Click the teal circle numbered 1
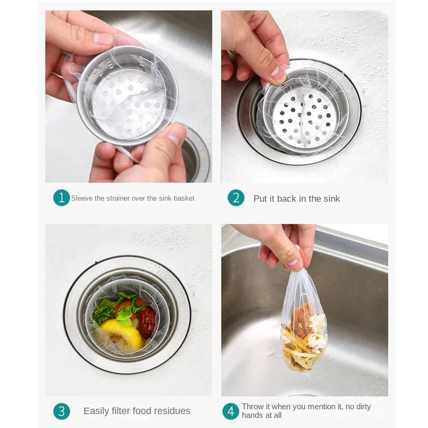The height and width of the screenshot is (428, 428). [62, 198]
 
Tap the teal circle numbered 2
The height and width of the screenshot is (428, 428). [236, 198]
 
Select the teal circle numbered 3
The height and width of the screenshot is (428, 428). [62, 411]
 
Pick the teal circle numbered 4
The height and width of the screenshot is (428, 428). [231, 411]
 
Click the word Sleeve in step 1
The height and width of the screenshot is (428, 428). [82, 198]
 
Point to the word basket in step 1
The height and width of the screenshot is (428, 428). [183, 198]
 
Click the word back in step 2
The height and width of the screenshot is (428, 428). [287, 198]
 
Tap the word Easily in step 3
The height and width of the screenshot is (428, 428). [96, 411]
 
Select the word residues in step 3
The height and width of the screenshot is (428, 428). [172, 411]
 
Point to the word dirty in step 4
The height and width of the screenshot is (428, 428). [360, 407]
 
